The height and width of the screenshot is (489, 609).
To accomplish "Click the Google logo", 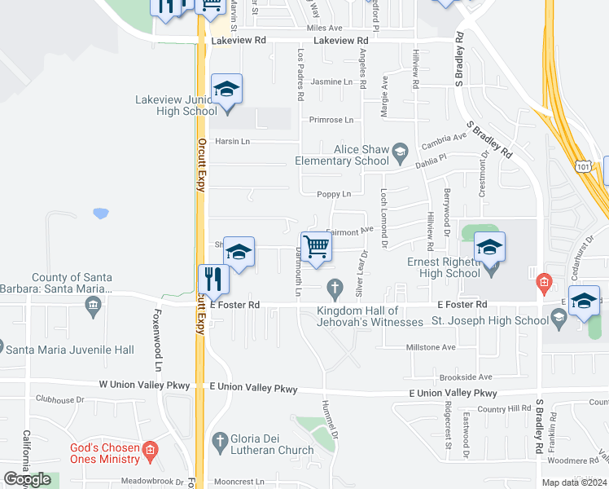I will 27,479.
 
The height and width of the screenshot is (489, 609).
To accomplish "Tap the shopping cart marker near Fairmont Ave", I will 316,245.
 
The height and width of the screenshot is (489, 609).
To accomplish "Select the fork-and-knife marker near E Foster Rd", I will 214,279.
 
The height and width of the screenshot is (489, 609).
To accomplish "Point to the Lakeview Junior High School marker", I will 227,89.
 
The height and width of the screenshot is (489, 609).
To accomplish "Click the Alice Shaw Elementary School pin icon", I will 400,151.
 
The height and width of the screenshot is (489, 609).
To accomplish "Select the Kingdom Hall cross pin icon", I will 333,287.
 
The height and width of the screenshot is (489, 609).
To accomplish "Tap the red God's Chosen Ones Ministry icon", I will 149,450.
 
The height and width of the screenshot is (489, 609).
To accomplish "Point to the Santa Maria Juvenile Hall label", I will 69,350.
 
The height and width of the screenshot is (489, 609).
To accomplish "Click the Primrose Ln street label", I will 331,120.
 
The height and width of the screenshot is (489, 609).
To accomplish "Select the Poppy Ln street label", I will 334,194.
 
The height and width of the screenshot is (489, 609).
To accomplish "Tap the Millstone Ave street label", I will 431,347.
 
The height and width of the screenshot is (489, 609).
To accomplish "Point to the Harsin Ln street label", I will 232,141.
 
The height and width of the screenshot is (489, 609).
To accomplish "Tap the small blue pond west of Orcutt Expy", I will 101,214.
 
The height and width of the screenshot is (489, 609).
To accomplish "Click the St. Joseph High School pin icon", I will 559,320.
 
